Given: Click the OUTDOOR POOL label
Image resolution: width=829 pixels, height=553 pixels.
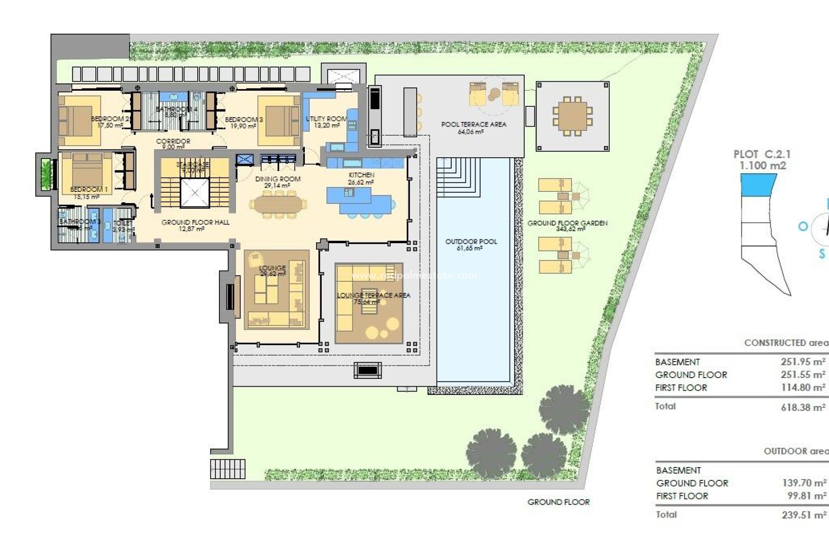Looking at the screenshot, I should coord(471,242).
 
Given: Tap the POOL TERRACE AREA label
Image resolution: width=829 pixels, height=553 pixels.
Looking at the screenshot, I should coord(474,124).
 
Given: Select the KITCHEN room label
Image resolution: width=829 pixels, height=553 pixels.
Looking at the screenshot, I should coord(361,175).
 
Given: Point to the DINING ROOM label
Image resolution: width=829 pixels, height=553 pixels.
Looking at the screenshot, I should coord(278,179).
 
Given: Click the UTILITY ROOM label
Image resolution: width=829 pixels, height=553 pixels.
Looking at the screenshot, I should coord(326,119).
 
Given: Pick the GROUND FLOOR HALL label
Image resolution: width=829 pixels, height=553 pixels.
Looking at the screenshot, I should coord(195,222).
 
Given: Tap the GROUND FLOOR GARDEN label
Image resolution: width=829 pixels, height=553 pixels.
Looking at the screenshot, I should coord(567,223).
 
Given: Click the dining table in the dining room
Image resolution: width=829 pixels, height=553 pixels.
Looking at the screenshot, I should coord(280,205).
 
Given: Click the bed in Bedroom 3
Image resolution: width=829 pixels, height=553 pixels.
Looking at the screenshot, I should coord(278,121).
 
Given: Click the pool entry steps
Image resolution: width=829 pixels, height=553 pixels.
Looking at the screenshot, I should coord(458,177).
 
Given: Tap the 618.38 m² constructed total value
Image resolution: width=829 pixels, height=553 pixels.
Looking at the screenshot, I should coord(803,407).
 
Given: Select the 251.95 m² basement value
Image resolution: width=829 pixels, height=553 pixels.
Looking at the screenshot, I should coord(803,362).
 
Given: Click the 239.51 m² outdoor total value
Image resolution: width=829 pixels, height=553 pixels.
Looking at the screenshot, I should coord(804,515).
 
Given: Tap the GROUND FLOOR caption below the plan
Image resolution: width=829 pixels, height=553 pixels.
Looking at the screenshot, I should coord(558,502).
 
